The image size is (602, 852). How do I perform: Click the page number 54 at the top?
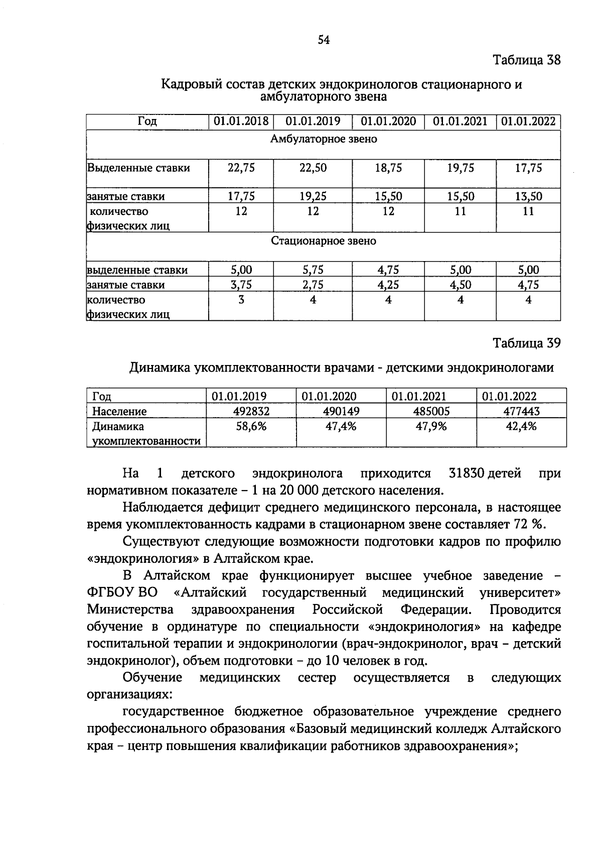tap(324, 41)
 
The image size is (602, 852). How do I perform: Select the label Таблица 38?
tap(526, 61)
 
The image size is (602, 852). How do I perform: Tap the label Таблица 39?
tap(526, 343)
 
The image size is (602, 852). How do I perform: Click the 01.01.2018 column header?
tap(241, 121)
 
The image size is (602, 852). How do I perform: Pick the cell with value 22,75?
tap(241, 168)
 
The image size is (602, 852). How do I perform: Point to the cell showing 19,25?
tap(313, 196)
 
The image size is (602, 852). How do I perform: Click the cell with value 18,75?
tap(388, 168)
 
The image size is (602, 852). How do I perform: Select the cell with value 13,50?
tap(528, 196)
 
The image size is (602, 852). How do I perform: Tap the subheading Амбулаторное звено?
tap(324, 139)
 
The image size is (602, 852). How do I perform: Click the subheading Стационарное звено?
tap(324, 241)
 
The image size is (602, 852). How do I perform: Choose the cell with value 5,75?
tap(313, 270)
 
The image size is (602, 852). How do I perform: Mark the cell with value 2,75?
tap(313, 285)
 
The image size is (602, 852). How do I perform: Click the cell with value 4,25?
tap(388, 285)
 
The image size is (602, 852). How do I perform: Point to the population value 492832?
tap(251, 412)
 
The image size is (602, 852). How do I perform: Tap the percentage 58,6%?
tap(251, 427)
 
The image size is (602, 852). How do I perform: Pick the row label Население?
tap(119, 412)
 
